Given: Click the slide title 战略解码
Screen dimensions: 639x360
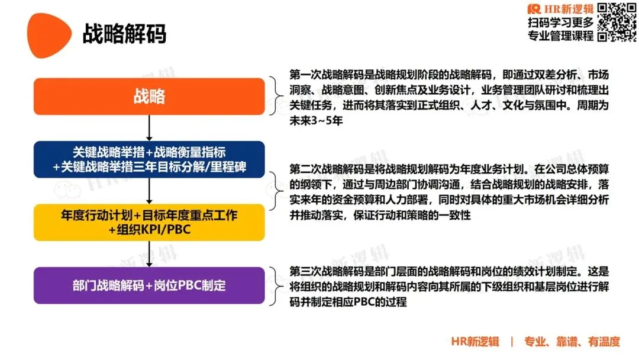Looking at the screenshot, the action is [124, 34].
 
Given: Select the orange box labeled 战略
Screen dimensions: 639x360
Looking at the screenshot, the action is [149, 97].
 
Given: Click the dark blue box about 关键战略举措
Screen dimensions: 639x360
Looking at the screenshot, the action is [149, 159].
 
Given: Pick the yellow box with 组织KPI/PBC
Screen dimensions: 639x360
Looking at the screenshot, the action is [149, 222].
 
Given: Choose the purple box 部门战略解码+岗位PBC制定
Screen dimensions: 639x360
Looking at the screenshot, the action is [149, 285].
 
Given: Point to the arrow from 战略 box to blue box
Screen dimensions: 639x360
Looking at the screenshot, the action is [149, 127].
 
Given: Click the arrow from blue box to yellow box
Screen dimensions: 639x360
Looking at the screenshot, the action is [149, 190].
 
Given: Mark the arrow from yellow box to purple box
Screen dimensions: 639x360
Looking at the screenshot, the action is [149, 253].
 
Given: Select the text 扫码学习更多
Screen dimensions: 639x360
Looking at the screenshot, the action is [560, 22].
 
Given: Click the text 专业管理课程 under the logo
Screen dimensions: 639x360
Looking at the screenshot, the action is [560, 36].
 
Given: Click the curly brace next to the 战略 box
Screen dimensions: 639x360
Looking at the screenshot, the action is [277, 97].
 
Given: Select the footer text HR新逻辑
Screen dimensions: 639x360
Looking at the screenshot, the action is [475, 342].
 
